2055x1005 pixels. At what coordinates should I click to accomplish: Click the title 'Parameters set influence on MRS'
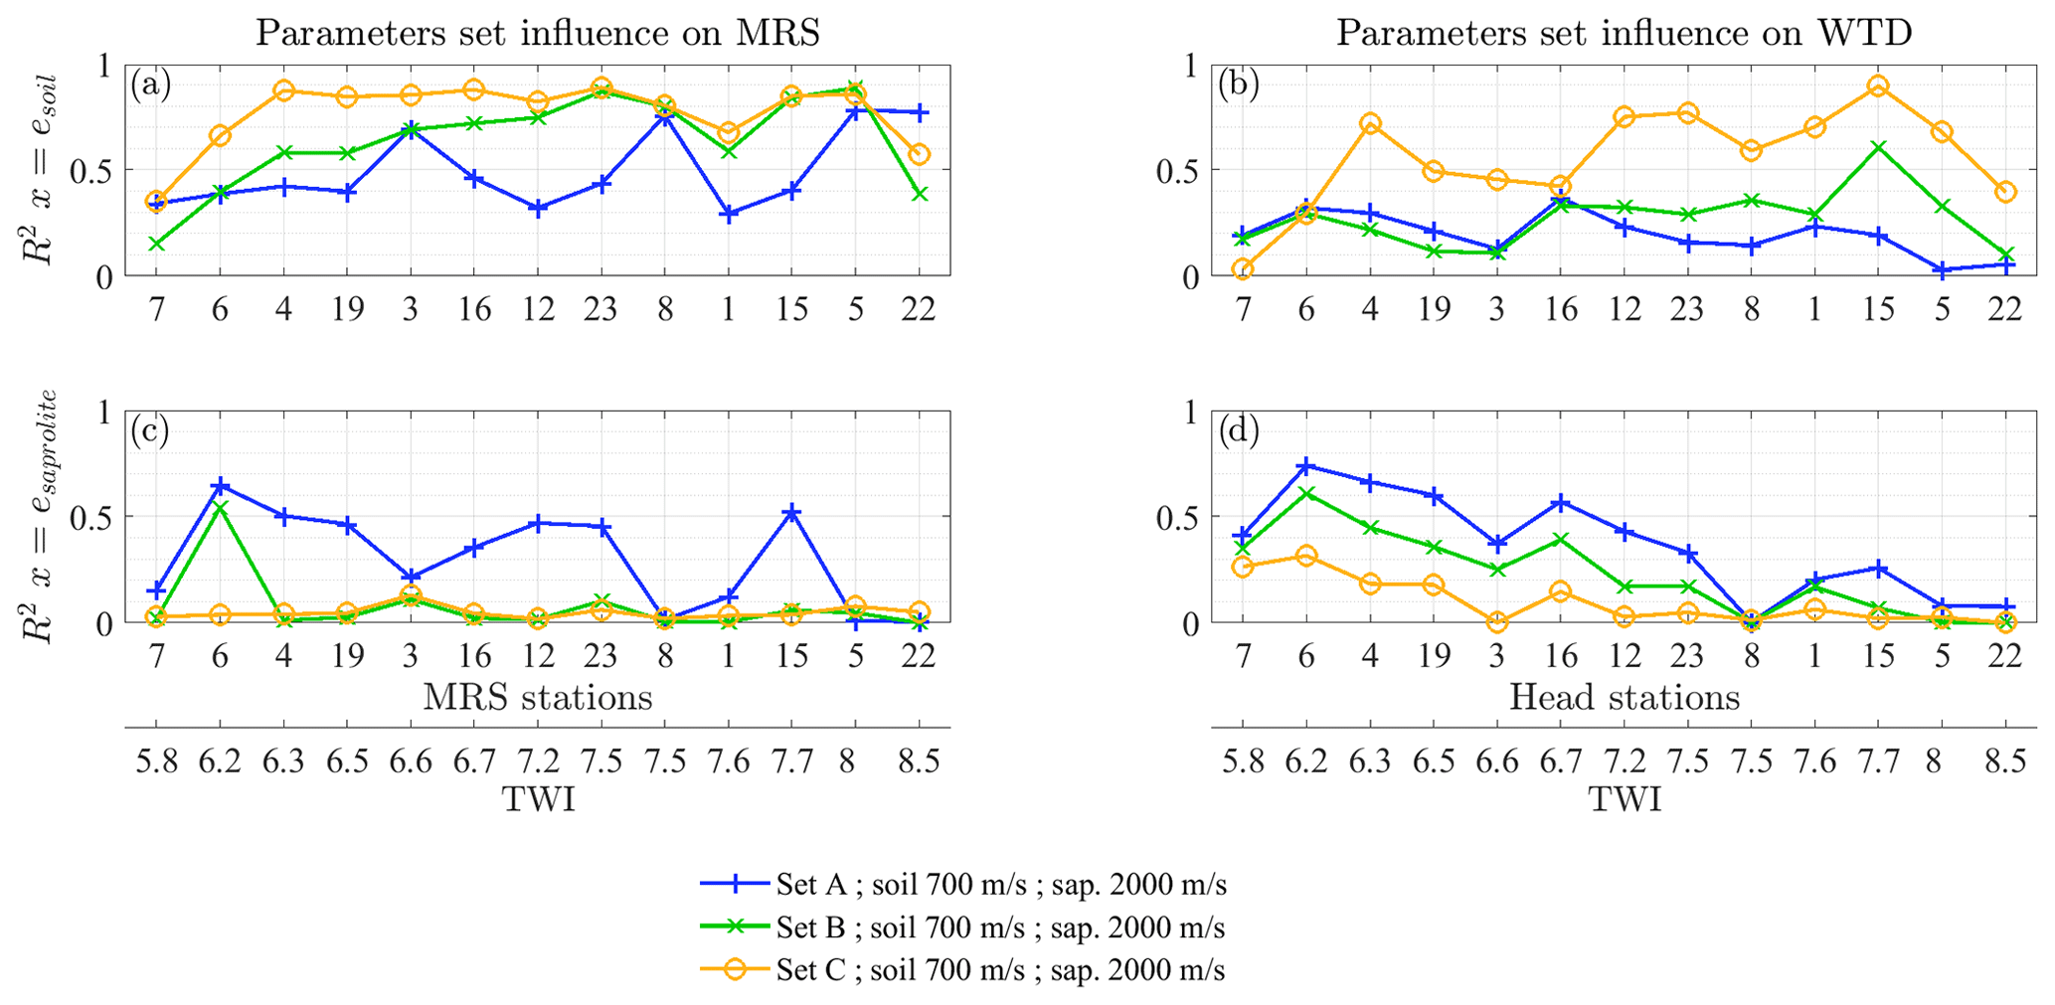coord(538,33)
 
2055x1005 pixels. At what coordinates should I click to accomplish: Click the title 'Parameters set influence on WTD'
coord(1624,33)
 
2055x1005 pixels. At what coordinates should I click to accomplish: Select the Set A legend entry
coord(1000,884)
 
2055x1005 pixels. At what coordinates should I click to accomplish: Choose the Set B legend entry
coord(1000,927)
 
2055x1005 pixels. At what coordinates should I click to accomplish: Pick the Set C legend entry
coord(1000,970)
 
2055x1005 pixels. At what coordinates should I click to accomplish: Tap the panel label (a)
coord(151,85)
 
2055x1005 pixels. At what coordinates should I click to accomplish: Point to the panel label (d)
coord(1239,430)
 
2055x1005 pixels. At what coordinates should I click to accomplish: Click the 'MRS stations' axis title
coord(538,697)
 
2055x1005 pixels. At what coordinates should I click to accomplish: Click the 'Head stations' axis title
coord(1625,697)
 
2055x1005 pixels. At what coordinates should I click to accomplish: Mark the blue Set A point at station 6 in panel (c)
coord(220,486)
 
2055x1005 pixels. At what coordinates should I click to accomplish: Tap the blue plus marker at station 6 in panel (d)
coord(1306,466)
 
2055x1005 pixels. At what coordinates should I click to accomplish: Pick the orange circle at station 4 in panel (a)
coord(283,90)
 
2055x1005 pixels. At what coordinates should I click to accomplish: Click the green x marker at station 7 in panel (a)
coord(156,244)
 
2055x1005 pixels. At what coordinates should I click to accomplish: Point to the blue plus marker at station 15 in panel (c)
coord(792,512)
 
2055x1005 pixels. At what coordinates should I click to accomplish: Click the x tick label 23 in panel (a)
coord(600,310)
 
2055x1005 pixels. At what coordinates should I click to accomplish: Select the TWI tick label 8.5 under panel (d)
coord(2005,761)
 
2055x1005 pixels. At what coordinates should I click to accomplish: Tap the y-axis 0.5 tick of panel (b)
coord(1178,170)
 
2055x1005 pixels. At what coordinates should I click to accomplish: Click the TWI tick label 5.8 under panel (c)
coord(156,761)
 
